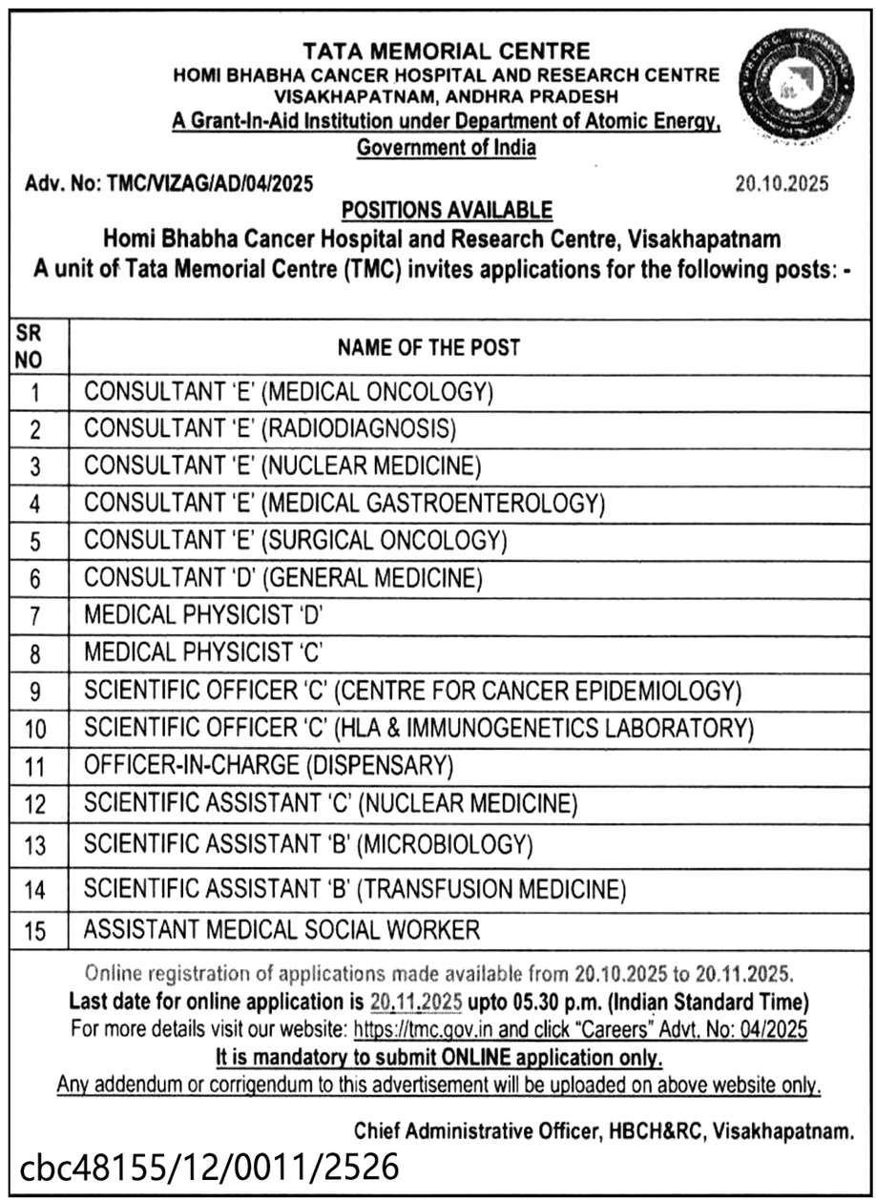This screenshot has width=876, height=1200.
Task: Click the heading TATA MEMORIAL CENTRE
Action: pos(446,51)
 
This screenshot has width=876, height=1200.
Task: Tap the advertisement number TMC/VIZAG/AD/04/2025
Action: pos(212,183)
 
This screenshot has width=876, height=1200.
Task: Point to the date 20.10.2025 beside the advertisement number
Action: pos(782,183)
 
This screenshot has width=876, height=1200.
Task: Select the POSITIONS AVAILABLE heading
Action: pos(446,209)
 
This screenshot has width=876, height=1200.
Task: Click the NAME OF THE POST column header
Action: pos(428,347)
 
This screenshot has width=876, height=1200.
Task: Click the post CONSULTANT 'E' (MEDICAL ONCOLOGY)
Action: pos(288,391)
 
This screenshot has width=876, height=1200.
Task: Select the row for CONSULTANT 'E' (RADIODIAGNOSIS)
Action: pos(270,428)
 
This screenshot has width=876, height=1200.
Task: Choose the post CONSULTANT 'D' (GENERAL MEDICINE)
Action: pos(283,577)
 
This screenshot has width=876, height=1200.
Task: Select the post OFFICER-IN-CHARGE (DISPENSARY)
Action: pos(268,765)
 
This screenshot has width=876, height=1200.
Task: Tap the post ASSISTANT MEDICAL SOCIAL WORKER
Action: pos(282,929)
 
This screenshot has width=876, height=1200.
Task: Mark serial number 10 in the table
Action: pos(35,730)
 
